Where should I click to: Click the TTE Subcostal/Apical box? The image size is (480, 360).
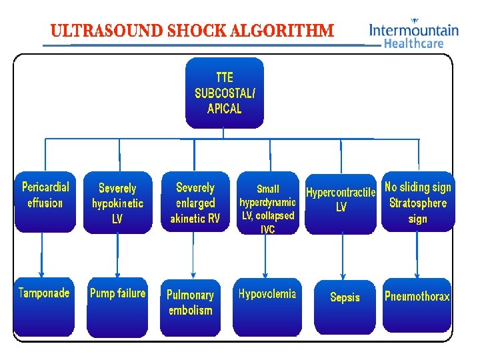tap(224, 93)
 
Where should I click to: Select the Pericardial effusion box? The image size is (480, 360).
tap(45, 202)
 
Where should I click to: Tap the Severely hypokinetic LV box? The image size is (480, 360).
tap(117, 203)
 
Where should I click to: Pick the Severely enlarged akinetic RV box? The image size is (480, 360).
tap(195, 202)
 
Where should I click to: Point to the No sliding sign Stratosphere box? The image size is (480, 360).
tap(418, 202)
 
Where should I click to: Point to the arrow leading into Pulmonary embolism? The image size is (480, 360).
tap(193, 256)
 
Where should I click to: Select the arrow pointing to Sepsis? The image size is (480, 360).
tap(343, 257)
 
